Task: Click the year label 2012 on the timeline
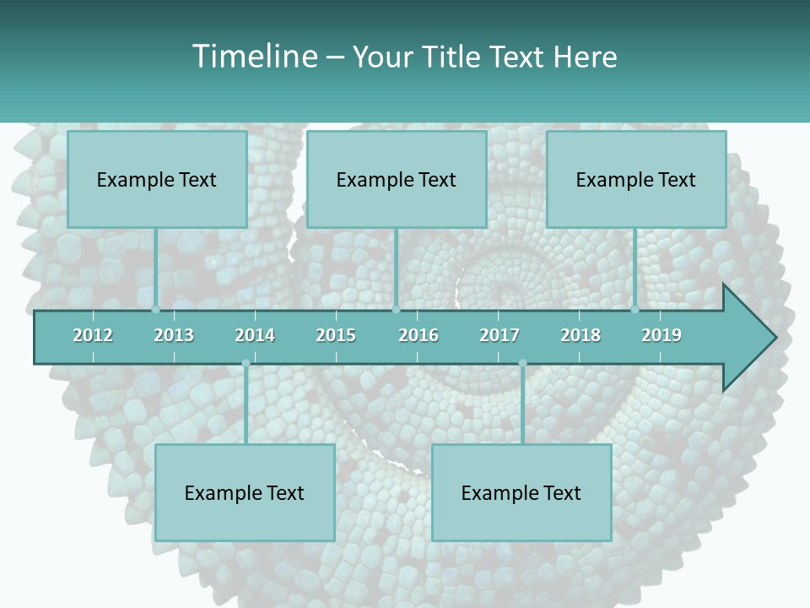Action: tap(93, 335)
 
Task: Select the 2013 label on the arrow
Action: tap(174, 335)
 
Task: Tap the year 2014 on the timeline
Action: tap(255, 335)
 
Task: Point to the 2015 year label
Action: tap(336, 335)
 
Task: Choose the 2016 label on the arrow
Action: tap(418, 335)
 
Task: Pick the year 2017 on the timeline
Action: tap(499, 335)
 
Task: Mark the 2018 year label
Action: tap(580, 335)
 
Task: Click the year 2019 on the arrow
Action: tap(661, 335)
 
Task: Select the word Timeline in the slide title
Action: tap(253, 57)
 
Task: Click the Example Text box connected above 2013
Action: tap(157, 179)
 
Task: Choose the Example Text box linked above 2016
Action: tap(397, 179)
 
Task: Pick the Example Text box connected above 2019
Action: tap(636, 179)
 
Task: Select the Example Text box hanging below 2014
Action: tap(245, 492)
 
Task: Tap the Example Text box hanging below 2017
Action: tap(521, 492)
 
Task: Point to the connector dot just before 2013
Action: tap(156, 309)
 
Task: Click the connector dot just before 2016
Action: tap(396, 309)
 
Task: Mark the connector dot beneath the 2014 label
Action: tap(246, 363)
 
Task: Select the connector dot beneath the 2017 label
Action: tap(522, 363)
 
